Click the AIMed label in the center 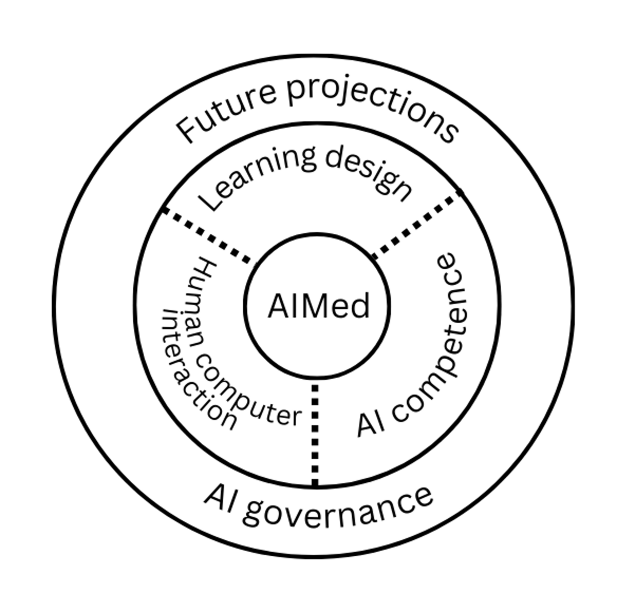[x=319, y=306]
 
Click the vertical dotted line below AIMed [x=315, y=434]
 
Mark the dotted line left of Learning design [x=207, y=236]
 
